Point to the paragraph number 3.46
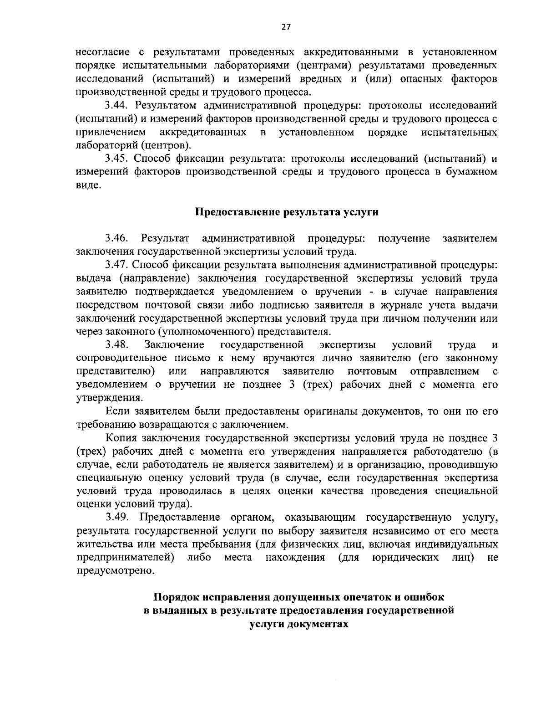tap(117, 238)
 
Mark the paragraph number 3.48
tap(117, 344)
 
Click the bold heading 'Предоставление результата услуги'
tap(287, 212)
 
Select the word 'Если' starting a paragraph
tap(118, 411)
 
